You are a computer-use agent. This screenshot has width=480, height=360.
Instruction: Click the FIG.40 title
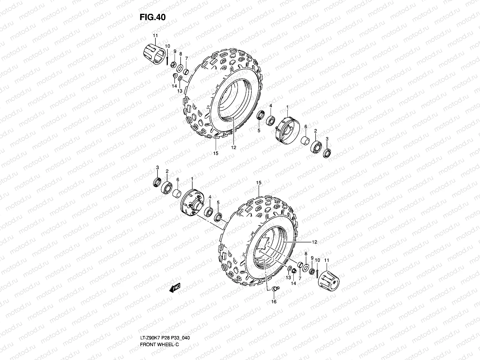click(x=153, y=17)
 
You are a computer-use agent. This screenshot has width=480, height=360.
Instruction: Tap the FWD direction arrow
click(x=175, y=288)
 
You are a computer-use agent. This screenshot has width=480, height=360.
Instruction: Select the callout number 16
click(x=274, y=301)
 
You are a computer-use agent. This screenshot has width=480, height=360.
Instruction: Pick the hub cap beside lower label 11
click(x=328, y=280)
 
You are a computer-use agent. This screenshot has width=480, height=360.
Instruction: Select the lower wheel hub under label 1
click(x=192, y=203)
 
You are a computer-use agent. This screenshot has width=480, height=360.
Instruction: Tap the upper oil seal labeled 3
click(x=327, y=153)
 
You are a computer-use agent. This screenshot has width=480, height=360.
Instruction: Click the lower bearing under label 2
click(x=166, y=187)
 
